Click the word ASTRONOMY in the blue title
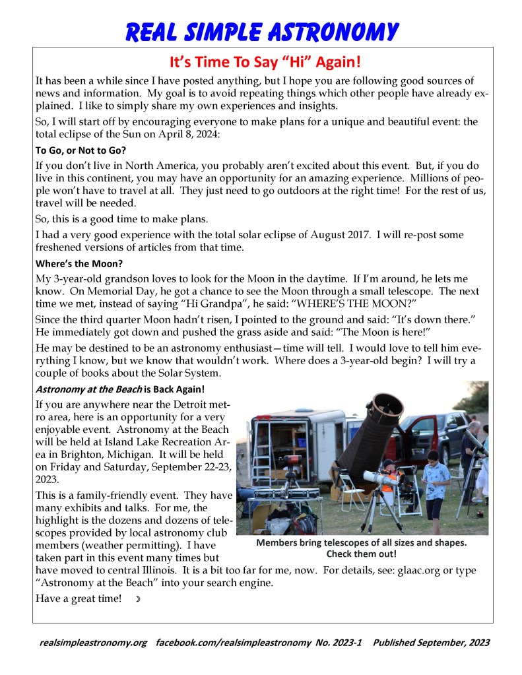pyautogui.click(x=329, y=31)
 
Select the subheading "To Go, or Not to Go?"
pyautogui.click(x=81, y=150)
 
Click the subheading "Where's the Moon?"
pyautogui.click(x=79, y=264)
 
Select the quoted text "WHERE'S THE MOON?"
pyautogui.click(x=247, y=305)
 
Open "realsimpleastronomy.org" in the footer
pyautogui.click(x=92, y=642)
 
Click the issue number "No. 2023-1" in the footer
pyautogui.click(x=339, y=642)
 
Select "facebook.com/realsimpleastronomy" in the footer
pyautogui.click(x=233, y=642)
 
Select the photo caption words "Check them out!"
pyautogui.click(x=361, y=554)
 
